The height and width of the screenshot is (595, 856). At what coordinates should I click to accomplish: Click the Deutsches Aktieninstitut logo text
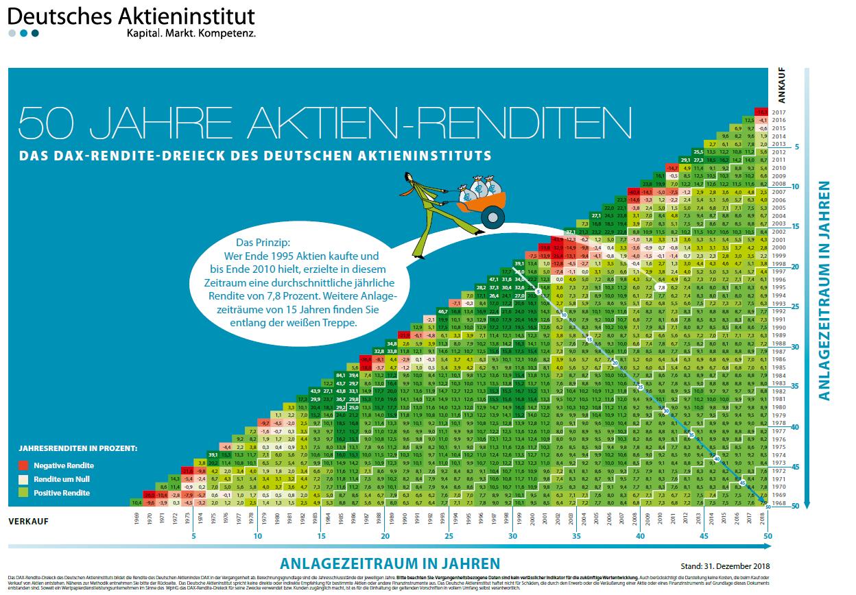click(131, 16)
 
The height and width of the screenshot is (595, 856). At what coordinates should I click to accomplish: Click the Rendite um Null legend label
click(62, 479)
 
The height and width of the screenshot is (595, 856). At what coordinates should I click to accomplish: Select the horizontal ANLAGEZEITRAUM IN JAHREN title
click(390, 563)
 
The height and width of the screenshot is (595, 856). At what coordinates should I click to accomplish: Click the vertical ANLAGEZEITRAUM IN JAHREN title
click(823, 291)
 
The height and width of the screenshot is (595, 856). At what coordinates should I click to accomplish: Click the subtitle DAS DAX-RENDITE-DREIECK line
click(255, 156)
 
